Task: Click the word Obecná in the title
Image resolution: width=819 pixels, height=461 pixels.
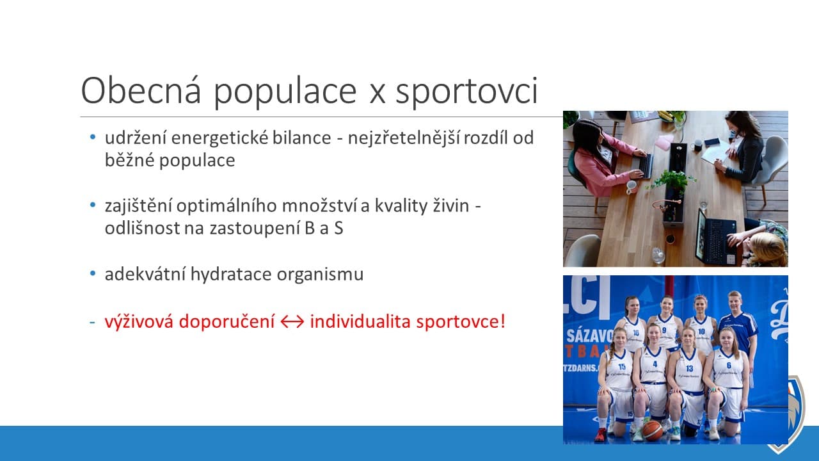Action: click(141, 90)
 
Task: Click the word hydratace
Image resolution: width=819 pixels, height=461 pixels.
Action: click(231, 275)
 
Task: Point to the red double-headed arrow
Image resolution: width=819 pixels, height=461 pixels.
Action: click(292, 322)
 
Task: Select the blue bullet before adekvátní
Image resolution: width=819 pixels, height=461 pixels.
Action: click(93, 273)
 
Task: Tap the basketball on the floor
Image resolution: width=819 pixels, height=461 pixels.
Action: click(652, 430)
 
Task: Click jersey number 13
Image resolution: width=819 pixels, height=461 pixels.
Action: click(689, 368)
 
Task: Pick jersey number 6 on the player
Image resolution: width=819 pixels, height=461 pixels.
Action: click(729, 366)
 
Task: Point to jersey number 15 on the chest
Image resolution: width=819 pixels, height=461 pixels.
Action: click(621, 367)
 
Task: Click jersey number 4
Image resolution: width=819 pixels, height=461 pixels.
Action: click(655, 364)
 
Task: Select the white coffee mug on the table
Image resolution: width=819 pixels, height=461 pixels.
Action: click(632, 188)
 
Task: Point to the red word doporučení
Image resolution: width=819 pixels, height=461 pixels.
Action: click(227, 322)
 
